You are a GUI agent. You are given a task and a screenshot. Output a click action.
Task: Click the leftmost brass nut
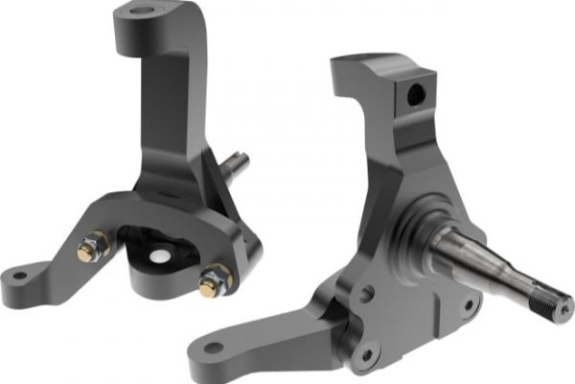(x=89, y=250)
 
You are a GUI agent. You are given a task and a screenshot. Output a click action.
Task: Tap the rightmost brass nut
(x=214, y=282)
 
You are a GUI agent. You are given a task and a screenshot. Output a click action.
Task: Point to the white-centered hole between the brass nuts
(x=157, y=256)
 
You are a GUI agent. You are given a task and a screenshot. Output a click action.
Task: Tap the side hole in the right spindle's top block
(x=416, y=94)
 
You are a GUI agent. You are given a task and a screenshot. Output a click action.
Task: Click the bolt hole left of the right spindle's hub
(x=367, y=295)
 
